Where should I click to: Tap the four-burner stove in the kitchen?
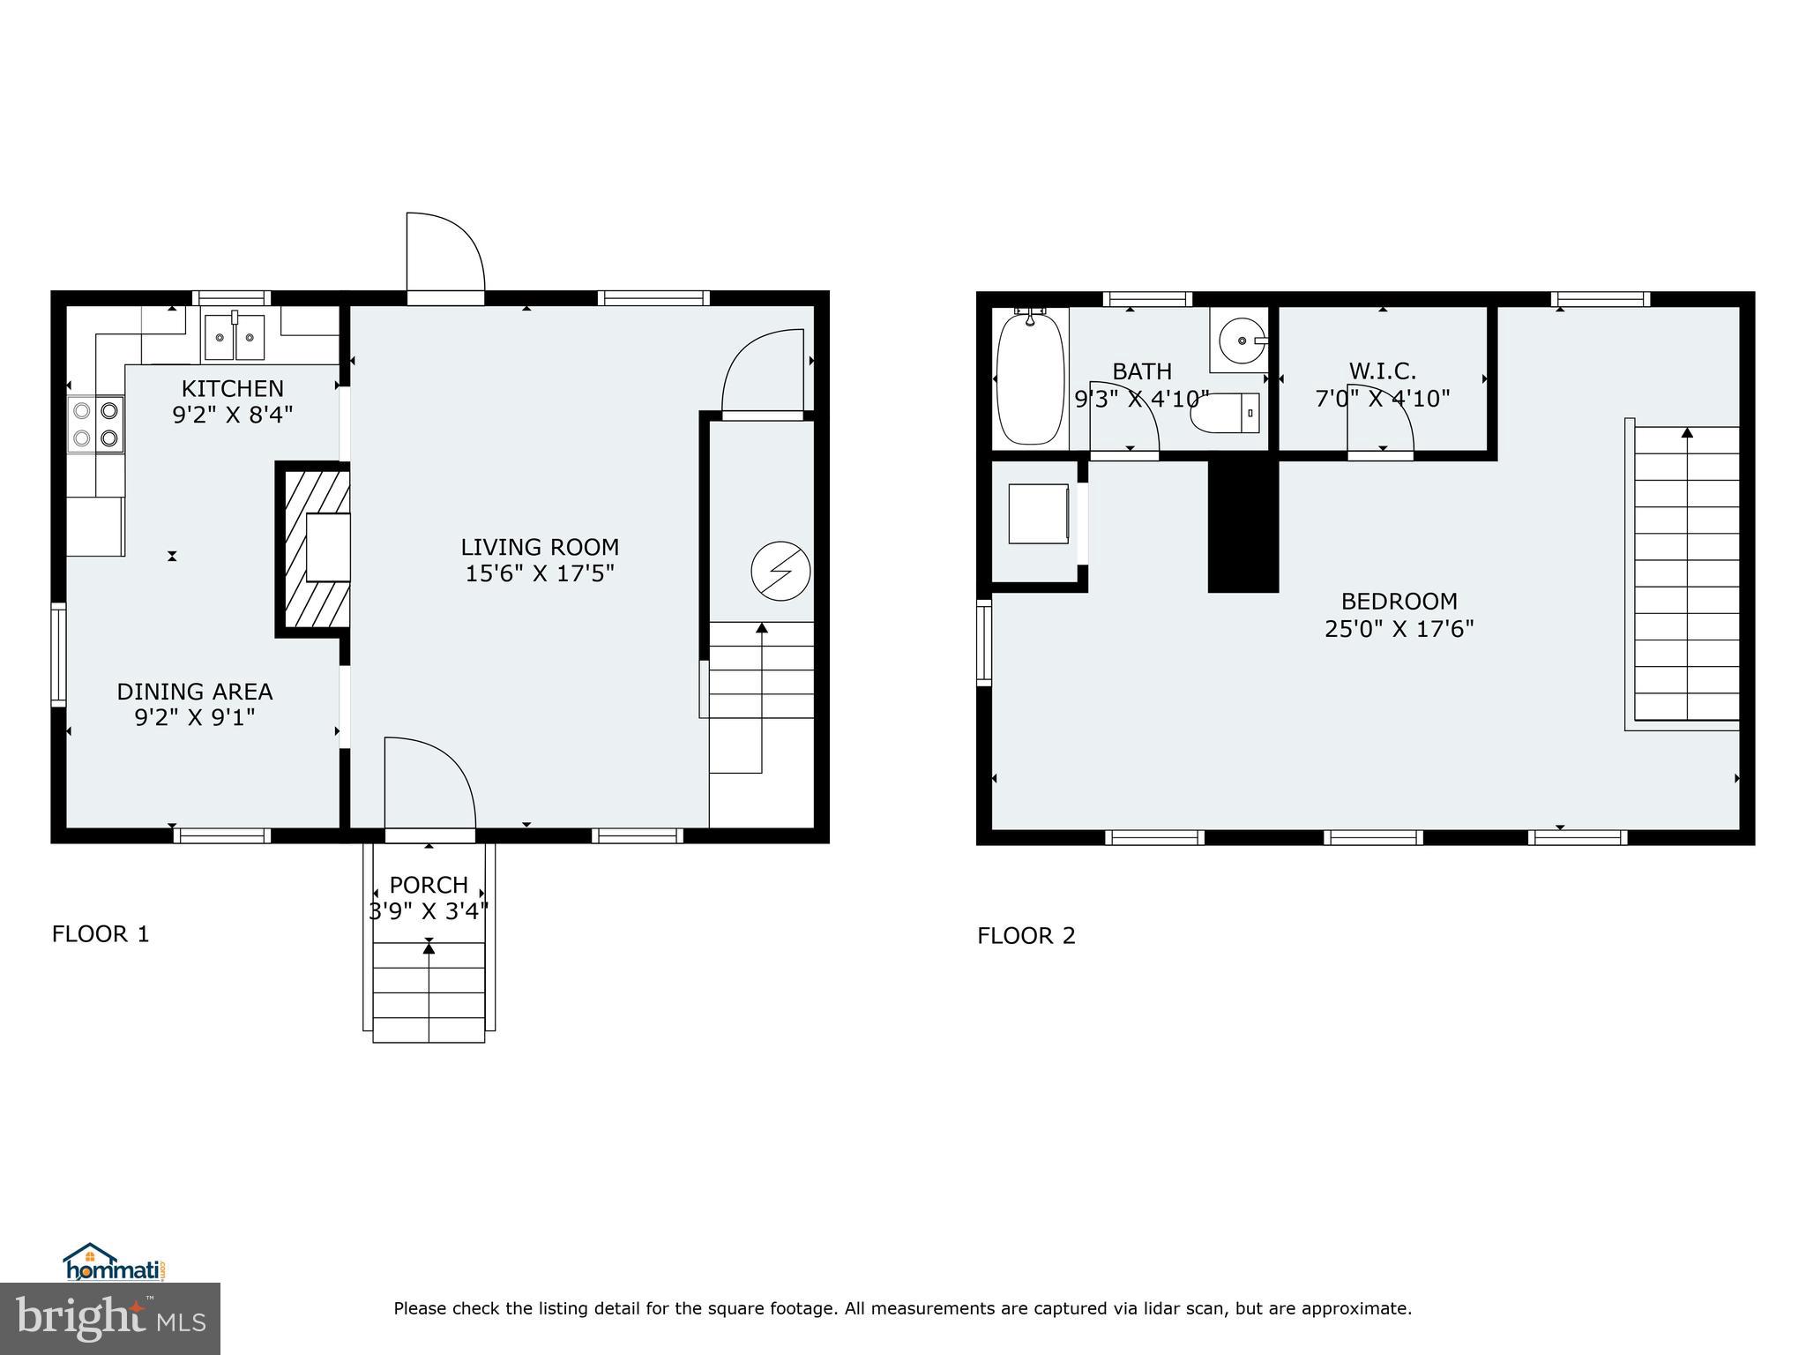[x=96, y=424]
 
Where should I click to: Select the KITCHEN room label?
[x=233, y=388]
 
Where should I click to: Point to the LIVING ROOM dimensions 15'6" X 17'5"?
[x=540, y=574]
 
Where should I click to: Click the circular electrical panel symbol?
[x=780, y=571]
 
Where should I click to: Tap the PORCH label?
[x=429, y=884]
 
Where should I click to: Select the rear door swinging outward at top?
[x=444, y=256]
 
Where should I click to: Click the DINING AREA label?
[x=195, y=692]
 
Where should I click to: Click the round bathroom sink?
[x=1240, y=340]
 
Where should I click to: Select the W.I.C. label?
[x=1382, y=371]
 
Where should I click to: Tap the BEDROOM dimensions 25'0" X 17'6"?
[x=1399, y=629]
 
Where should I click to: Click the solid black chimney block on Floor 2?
[x=1243, y=525]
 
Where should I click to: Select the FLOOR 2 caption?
[x=1026, y=936]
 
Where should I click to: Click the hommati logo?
[x=115, y=1262]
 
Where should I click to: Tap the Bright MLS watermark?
[x=110, y=1319]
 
